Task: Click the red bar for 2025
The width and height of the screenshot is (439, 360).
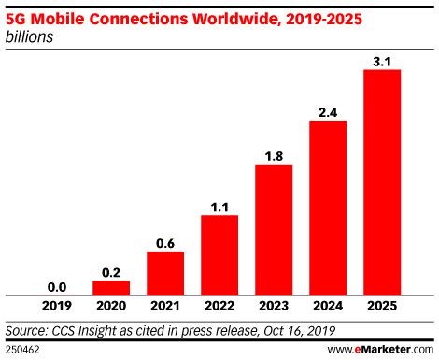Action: pyautogui.click(x=382, y=181)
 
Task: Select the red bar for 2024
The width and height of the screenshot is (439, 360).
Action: pyautogui.click(x=328, y=207)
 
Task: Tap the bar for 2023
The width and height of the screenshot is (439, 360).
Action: pyautogui.click(x=274, y=229)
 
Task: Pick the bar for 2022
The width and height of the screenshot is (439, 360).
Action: pyautogui.click(x=219, y=254)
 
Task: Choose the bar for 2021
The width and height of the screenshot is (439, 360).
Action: pyautogui.click(x=165, y=272)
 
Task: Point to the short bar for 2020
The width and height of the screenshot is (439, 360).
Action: pyautogui.click(x=111, y=286)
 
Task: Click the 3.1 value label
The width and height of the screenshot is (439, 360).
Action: pyautogui.click(x=382, y=61)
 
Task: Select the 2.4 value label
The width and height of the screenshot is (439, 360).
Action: pyautogui.click(x=328, y=111)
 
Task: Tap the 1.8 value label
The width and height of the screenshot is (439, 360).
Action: pyautogui.click(x=274, y=155)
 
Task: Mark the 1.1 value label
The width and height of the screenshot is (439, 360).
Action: pyautogui.click(x=219, y=206)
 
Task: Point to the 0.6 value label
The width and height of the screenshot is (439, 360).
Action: pyautogui.click(x=165, y=242)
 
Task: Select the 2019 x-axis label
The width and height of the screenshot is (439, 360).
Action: pyautogui.click(x=57, y=306)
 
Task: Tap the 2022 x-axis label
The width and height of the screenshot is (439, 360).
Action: pyautogui.click(x=219, y=306)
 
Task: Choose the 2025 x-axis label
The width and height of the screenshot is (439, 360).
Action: pyautogui.click(x=382, y=306)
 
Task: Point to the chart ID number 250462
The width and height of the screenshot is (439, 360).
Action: pyautogui.click(x=22, y=349)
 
